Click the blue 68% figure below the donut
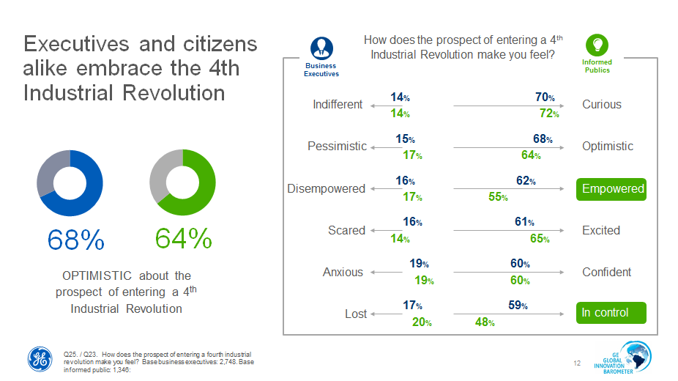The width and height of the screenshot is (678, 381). tap(76, 239)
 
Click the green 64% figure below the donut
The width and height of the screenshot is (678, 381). tap(183, 239)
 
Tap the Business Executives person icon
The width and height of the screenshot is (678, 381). tap(321, 48)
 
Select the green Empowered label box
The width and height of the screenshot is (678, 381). tap(612, 189)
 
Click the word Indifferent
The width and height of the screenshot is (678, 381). tap(338, 104)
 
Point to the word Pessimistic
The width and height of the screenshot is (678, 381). tap(337, 146)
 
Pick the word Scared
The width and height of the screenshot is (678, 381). tap(346, 230)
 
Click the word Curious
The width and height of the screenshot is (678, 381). tap(602, 104)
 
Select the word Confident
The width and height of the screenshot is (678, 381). tap(606, 272)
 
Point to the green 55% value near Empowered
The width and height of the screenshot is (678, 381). tap(499, 197)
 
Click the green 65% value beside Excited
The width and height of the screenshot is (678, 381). tap(540, 239)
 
